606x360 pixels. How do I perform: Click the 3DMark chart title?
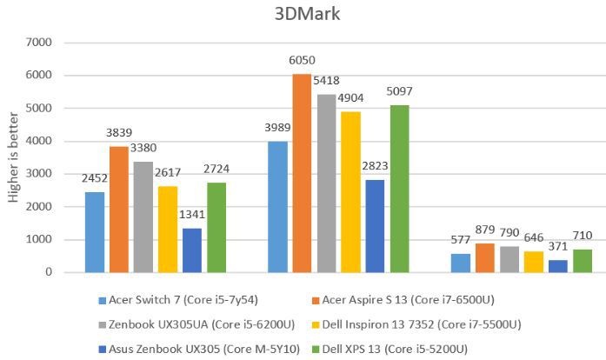click(x=302, y=15)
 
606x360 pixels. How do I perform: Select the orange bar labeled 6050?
click(x=301, y=173)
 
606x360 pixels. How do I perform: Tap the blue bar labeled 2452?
click(x=96, y=232)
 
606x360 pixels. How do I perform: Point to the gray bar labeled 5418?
click(x=326, y=183)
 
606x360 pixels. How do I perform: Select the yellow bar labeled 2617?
click(x=169, y=230)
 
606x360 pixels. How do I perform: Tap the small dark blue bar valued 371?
click(x=534, y=266)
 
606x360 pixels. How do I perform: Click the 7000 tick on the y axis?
click(x=41, y=42)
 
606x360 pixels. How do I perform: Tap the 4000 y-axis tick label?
click(x=41, y=141)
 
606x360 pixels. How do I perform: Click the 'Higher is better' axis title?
click(x=13, y=157)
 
